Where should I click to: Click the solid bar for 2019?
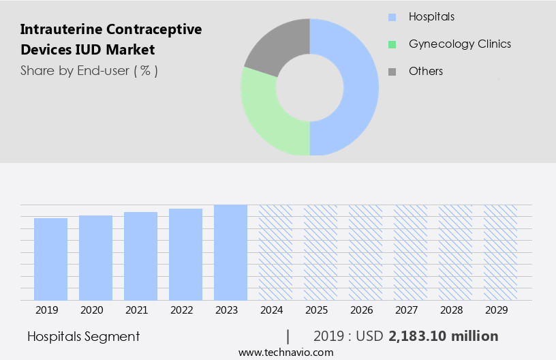coord(50,259)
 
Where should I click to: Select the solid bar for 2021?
coord(140,256)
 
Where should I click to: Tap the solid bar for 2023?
coord(230,252)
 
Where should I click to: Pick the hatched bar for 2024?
coord(275,252)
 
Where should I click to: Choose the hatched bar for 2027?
coord(410,252)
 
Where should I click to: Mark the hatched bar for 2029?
coord(500,252)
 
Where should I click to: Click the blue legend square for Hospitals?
coord(392,17)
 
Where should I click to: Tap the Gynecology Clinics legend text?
coord(459,44)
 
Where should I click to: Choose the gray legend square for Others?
coord(392,72)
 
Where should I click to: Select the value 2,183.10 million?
coord(443,336)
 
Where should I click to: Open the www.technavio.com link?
coord(285,352)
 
